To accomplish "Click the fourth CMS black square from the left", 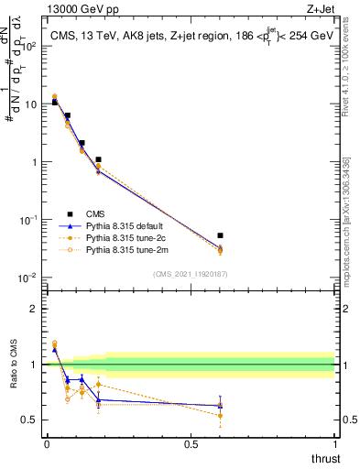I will click(98, 159).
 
